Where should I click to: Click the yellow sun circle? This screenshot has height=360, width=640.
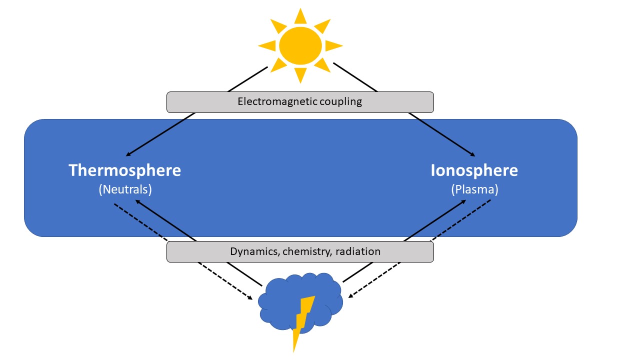click(x=300, y=45)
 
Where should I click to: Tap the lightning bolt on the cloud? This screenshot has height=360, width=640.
click(x=302, y=320)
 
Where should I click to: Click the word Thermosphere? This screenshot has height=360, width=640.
click(x=124, y=170)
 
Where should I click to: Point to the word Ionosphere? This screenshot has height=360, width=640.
click(x=474, y=170)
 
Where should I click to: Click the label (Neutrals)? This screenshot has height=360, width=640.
click(x=125, y=190)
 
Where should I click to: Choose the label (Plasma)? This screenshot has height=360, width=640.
click(x=474, y=190)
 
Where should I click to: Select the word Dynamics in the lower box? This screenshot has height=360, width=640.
click(x=254, y=251)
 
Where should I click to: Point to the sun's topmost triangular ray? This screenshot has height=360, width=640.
click(x=300, y=17)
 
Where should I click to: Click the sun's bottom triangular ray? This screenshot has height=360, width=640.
click(x=300, y=75)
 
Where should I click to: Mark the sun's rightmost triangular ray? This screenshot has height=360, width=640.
click(x=333, y=45)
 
